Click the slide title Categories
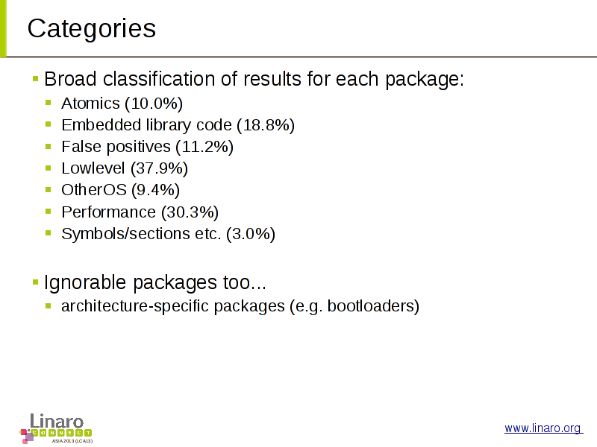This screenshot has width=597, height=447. pos(92,29)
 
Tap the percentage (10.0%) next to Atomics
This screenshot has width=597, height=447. pos(154,104)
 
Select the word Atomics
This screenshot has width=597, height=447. pos(90,104)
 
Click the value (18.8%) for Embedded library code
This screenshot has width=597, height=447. pos(266,125)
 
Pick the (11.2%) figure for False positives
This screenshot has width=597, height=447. pos(204,147)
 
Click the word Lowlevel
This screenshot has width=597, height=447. pos(93,168)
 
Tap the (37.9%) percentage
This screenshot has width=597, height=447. pos(159,168)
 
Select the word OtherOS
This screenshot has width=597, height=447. pos(94,190)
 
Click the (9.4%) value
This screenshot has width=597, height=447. pos(155,190)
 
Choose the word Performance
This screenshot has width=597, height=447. pos(108,212)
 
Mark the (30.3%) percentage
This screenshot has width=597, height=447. pos(190,212)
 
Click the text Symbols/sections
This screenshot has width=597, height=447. pos(125,234)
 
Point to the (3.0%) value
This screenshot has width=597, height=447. pos(251,234)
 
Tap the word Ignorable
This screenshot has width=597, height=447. pos(85,283)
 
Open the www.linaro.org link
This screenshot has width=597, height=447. pos(543,428)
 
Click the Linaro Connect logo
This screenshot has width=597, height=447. pos(55,428)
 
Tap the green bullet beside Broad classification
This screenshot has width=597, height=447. pos(36,79)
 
